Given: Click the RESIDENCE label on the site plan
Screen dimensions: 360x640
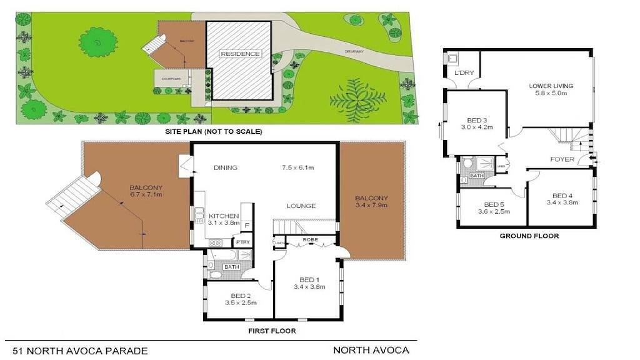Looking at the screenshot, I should (239, 54).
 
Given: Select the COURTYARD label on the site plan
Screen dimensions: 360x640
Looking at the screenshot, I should (171, 79).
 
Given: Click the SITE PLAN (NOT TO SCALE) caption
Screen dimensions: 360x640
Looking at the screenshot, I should (213, 132).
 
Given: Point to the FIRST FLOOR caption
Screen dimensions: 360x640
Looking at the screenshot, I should (272, 331).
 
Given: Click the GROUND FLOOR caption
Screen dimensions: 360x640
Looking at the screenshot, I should (529, 236).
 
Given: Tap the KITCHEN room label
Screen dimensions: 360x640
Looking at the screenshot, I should (224, 216).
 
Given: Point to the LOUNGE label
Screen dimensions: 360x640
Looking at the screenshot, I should (301, 206).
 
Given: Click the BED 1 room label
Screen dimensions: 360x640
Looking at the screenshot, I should (306, 279).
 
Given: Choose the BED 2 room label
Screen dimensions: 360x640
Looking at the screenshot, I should (239, 295).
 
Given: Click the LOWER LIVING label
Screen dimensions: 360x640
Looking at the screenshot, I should (551, 86).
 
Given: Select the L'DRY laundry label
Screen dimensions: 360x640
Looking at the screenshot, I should (464, 73).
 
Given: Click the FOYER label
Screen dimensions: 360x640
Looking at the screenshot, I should (562, 159).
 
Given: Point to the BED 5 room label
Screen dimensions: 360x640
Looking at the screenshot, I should (493, 204).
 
